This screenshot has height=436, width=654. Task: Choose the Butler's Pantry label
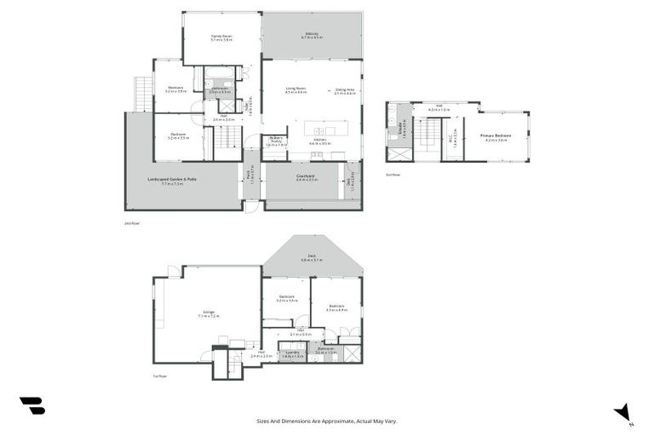[276, 141]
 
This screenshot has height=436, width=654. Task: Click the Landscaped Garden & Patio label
[176, 181]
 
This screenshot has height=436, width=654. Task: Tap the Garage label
[208, 313]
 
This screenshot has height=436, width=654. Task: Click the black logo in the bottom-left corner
[32, 406]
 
